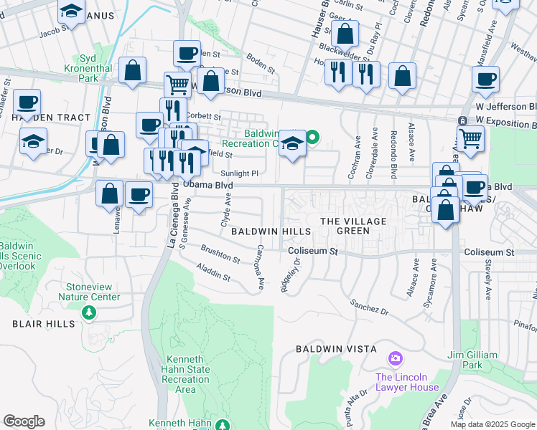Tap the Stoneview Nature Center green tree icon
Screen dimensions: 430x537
[88, 312]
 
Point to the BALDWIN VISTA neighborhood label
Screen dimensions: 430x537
[336, 349]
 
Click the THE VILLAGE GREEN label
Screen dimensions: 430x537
[353, 226]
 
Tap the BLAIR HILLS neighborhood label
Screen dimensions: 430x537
[43, 324]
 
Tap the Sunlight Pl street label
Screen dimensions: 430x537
[239, 173]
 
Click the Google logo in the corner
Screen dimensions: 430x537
[24, 421]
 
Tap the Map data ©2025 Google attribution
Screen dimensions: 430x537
[492, 424]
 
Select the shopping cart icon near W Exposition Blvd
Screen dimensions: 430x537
[470, 138]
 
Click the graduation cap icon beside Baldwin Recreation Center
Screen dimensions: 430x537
[292, 142]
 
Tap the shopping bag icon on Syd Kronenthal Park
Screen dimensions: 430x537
[133, 70]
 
